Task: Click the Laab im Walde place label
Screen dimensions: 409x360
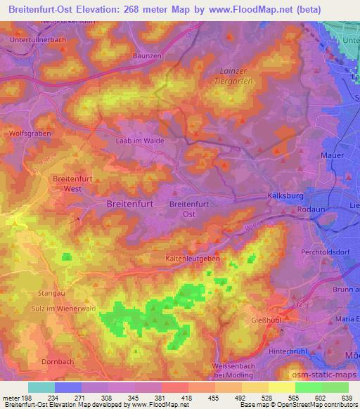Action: pyautogui.click(x=139, y=141)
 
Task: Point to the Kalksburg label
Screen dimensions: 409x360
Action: pyautogui.click(x=285, y=196)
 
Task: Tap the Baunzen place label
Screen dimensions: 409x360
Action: pyautogui.click(x=148, y=54)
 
